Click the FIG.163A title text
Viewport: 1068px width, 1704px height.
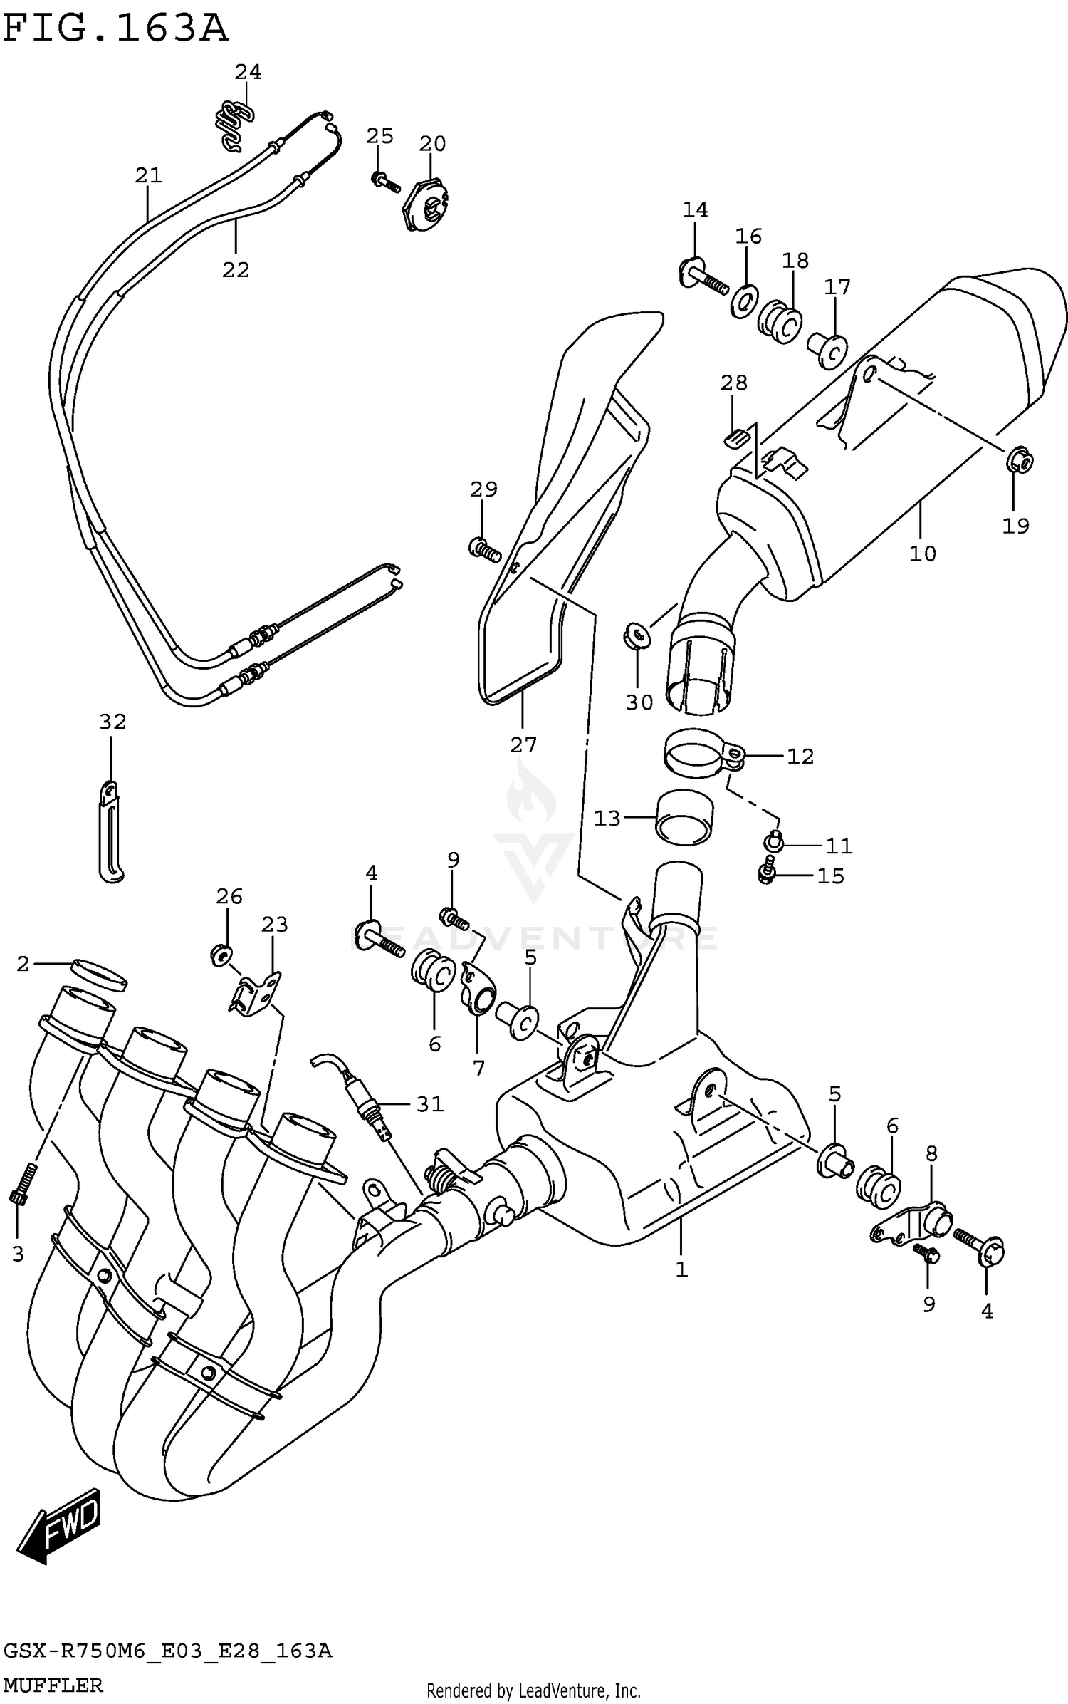click(115, 30)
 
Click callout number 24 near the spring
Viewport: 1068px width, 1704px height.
click(248, 72)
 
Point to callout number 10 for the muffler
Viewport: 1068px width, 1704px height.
click(922, 554)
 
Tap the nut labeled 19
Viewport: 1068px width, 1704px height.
click(1020, 462)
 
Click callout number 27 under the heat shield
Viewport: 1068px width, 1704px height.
click(523, 745)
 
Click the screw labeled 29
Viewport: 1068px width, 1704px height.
click(484, 549)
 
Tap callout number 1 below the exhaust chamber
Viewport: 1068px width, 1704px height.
click(681, 1269)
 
